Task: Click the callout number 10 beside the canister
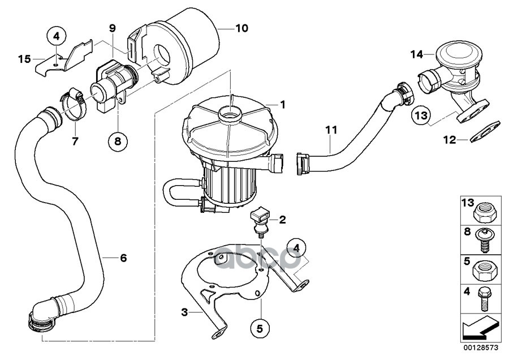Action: (241, 28)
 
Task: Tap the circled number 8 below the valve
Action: (118, 141)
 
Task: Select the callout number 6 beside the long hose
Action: (123, 258)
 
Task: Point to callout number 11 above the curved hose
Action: (331, 130)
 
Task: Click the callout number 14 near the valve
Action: (417, 54)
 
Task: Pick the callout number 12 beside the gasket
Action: (450, 140)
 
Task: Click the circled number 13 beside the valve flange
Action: (421, 115)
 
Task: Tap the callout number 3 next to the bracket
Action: (184, 312)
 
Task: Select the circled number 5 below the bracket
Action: (260, 329)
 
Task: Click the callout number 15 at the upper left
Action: (24, 59)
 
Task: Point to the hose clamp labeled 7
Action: (74, 104)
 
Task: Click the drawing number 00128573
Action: (481, 348)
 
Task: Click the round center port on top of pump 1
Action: (230, 114)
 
